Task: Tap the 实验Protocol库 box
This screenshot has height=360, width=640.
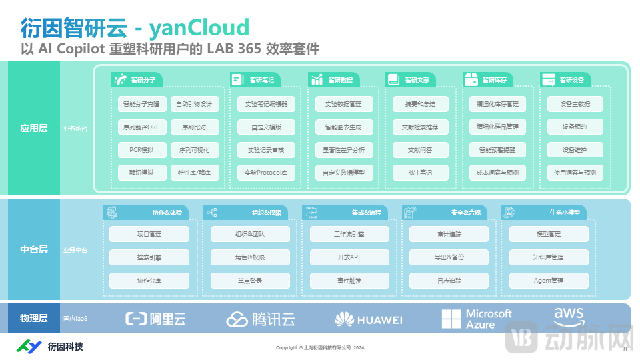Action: tap(266, 173)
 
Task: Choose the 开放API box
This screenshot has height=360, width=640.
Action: tap(349, 257)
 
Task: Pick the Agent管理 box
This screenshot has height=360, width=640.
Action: tap(549, 281)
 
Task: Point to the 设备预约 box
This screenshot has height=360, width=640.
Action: tap(574, 127)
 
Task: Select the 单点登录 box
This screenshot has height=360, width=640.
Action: tap(250, 281)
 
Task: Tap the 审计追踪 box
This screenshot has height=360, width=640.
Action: tap(449, 235)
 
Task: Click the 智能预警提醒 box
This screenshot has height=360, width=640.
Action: tap(497, 150)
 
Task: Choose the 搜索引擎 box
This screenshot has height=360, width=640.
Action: tap(149, 257)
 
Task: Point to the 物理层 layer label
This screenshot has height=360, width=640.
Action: tap(33, 319)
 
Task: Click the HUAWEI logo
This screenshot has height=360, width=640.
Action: tap(369, 319)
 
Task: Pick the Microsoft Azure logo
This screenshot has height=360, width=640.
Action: tap(477, 319)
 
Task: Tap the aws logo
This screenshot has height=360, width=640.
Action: tap(568, 315)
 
